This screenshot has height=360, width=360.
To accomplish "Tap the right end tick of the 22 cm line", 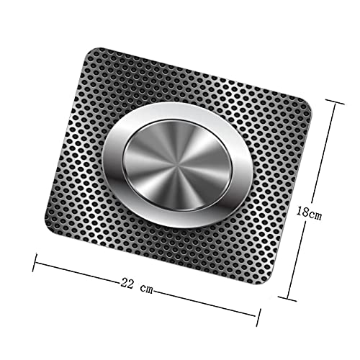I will [256, 313].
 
